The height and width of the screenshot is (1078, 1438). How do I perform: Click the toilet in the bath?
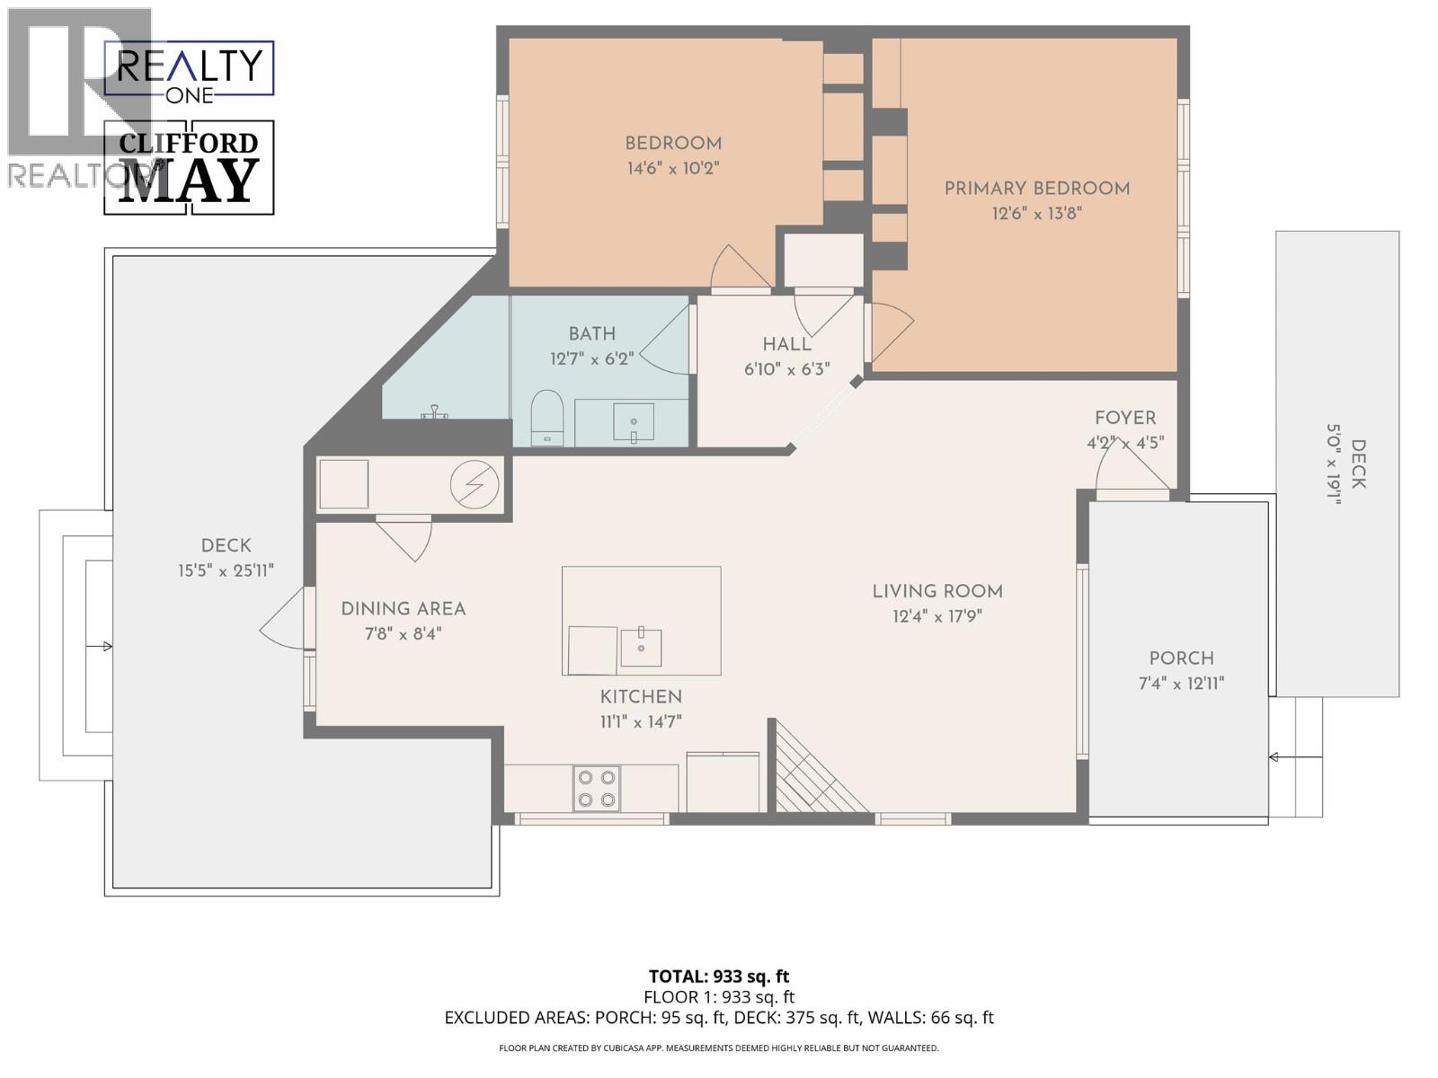click(546, 417)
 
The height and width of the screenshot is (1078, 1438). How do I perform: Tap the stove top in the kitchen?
click(597, 788)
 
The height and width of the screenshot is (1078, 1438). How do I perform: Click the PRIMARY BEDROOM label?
click(1036, 189)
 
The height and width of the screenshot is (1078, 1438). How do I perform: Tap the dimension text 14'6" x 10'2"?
click(673, 168)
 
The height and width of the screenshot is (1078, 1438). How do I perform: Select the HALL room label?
click(786, 344)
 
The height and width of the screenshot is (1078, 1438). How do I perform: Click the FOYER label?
click(1124, 418)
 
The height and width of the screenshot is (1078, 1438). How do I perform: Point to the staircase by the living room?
click(813, 773)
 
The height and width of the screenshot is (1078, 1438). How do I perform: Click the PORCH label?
click(1181, 658)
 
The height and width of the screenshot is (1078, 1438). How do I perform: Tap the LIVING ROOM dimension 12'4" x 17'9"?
click(936, 616)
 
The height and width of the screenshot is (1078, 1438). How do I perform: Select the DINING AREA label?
click(403, 608)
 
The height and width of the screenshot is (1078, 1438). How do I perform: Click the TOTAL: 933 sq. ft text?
click(719, 976)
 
